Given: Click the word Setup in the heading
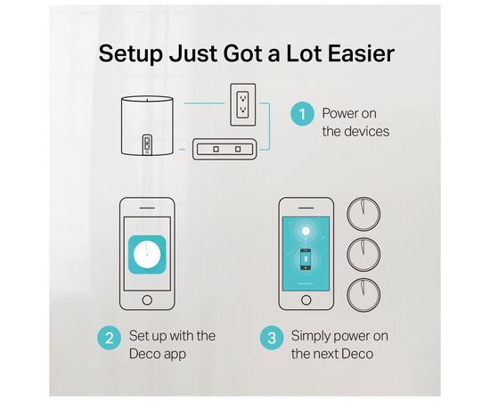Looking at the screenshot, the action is [x=131, y=54].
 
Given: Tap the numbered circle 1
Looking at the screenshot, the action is [x=303, y=114].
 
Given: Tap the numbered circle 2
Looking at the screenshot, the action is [x=110, y=338].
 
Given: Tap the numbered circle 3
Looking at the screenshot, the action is [x=272, y=338].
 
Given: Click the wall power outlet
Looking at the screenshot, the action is [x=243, y=104].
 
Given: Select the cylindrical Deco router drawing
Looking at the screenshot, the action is [x=147, y=127].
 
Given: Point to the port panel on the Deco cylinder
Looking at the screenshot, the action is [x=147, y=144].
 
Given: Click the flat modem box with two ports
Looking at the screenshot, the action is [x=225, y=149].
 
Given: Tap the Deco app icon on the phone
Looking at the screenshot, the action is [x=147, y=255].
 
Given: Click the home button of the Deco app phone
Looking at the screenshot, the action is [x=147, y=300].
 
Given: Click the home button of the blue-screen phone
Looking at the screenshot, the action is [x=306, y=300].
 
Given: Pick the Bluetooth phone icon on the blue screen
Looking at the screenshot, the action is [x=306, y=259].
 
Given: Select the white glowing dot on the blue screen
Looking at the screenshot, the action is [x=306, y=232].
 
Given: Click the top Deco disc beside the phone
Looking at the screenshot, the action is [x=363, y=214].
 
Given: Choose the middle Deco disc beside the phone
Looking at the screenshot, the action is [x=363, y=254].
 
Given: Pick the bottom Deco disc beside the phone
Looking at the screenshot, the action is [x=363, y=295].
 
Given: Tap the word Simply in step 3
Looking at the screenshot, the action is [x=311, y=337].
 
